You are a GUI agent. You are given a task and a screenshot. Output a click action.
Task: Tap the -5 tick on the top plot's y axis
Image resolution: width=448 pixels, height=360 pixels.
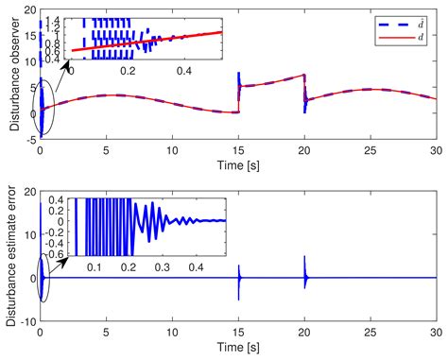tap(27, 137)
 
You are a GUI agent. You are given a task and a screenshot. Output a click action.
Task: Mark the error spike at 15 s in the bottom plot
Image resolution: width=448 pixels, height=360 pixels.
tap(238, 282)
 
